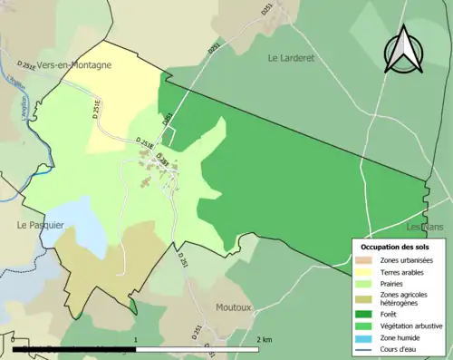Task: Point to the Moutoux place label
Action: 234,307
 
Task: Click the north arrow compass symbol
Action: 405,51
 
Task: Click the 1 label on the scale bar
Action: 135,339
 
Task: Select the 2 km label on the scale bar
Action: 264,339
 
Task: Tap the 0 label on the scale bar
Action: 13,339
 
